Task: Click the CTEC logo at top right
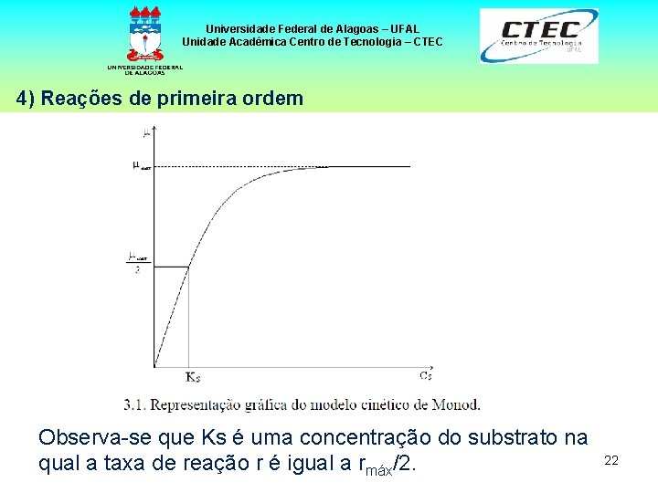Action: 539,37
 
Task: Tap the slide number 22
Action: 611,461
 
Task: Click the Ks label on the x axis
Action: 193,376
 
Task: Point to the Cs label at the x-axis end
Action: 426,375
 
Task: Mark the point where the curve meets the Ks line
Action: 189,267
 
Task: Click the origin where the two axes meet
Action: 154,367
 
